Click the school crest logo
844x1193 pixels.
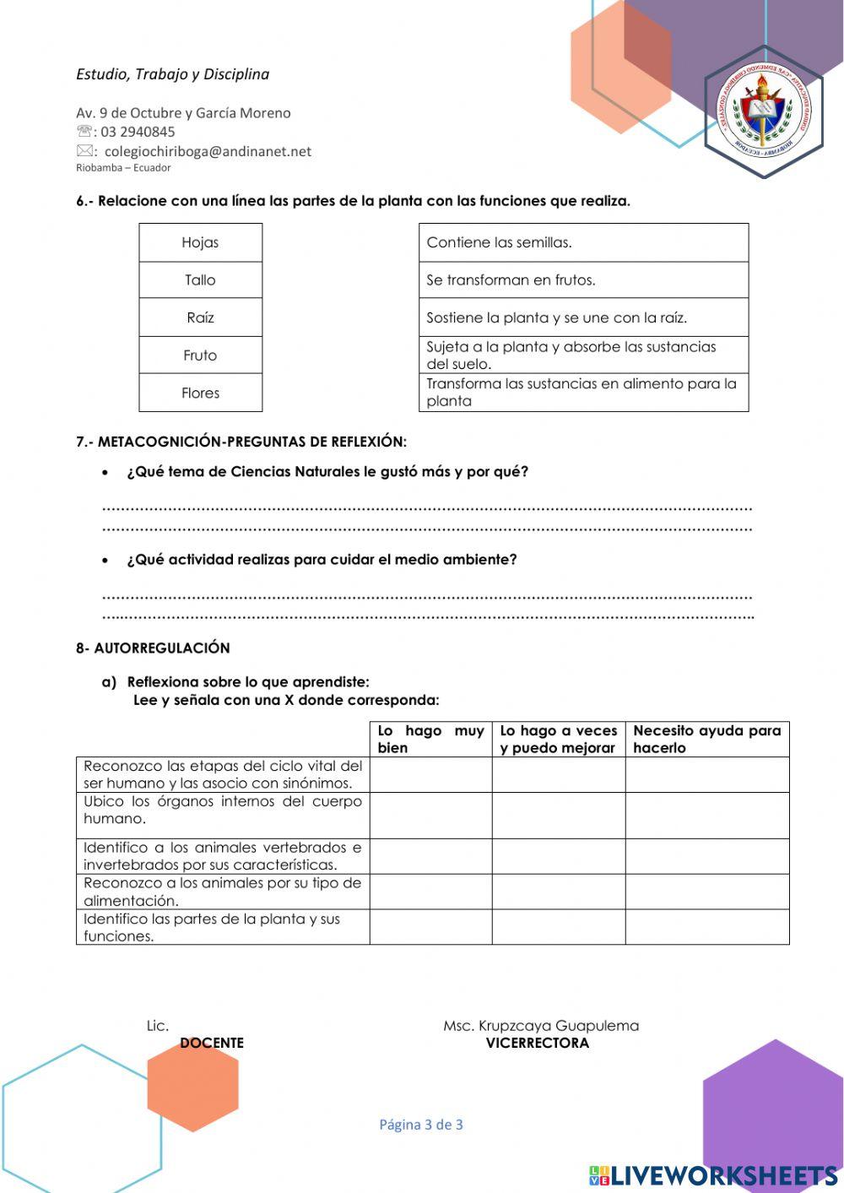click(764, 111)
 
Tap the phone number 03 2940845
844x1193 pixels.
click(138, 132)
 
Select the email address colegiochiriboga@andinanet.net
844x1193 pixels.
click(207, 152)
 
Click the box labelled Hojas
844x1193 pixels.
click(200, 242)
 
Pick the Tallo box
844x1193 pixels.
click(200, 280)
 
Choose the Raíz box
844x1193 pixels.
click(200, 317)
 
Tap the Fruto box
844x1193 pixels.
click(200, 355)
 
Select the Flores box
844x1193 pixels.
click(200, 393)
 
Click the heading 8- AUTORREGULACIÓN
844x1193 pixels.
click(153, 648)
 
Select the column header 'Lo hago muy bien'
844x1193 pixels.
click(430, 740)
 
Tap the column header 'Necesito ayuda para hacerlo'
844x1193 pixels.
click(706, 740)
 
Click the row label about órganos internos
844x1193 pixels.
click(223, 811)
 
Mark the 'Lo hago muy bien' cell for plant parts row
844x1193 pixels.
click(430, 927)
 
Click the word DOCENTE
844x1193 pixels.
click(211, 1044)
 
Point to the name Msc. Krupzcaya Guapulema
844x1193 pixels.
click(541, 1026)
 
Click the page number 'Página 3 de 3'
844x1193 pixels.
click(421, 1125)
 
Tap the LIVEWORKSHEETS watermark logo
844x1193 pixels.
click(713, 1175)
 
